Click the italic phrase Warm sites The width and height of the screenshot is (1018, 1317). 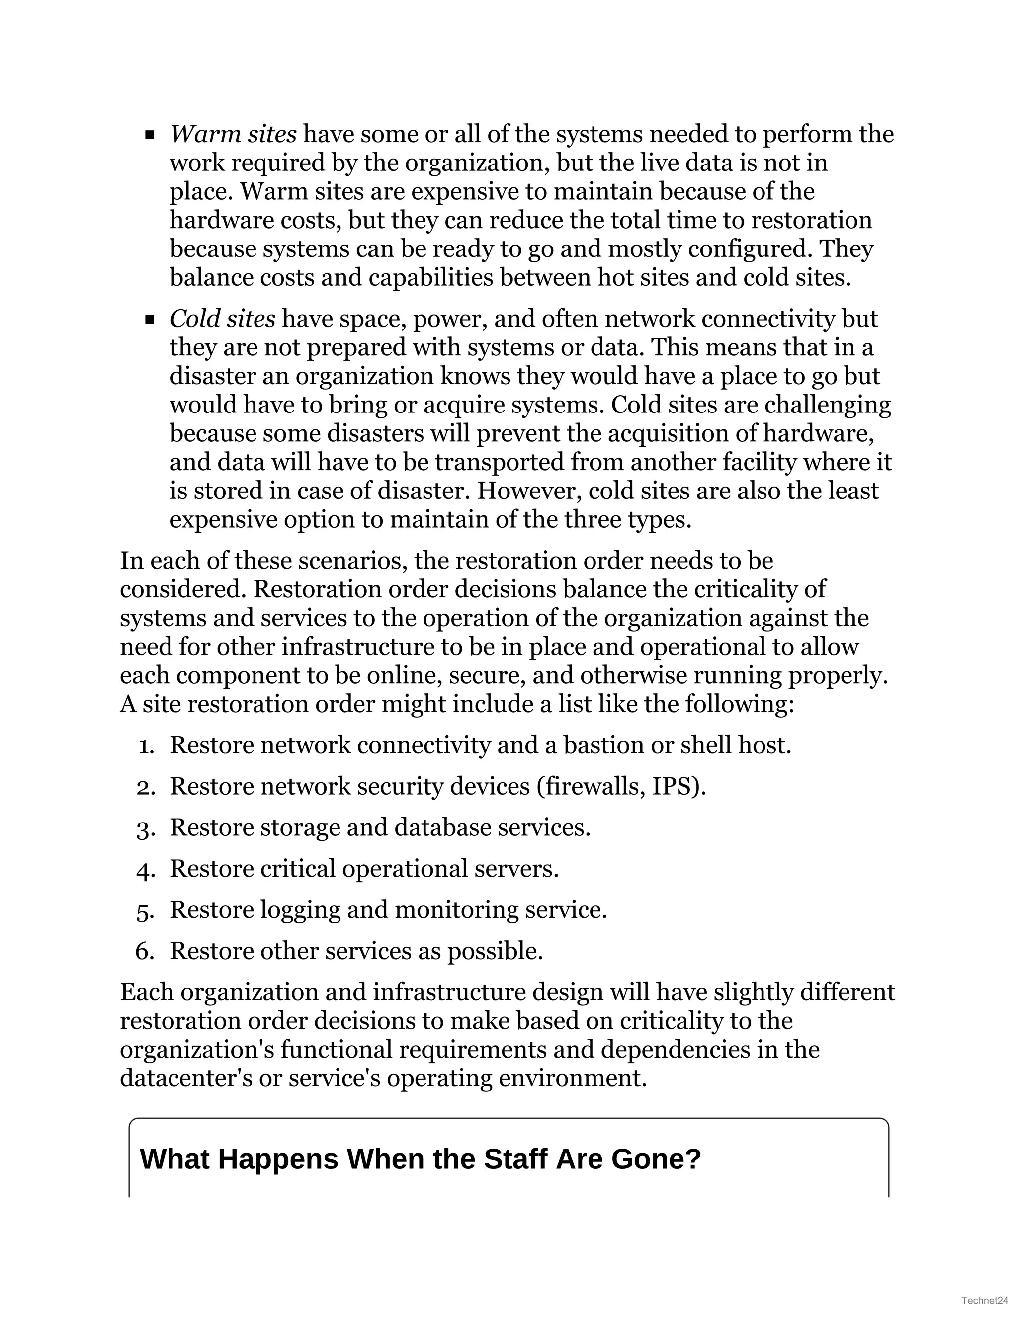[233, 134]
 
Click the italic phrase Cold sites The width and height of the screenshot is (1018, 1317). [223, 319]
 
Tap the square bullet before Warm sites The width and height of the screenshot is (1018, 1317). [150, 135]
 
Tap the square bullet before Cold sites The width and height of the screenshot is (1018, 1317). [150, 320]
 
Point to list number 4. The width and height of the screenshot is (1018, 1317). [145, 870]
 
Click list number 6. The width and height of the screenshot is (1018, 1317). [145, 952]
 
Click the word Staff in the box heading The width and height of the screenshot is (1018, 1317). [516, 1159]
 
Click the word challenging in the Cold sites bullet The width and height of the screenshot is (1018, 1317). [828, 405]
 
